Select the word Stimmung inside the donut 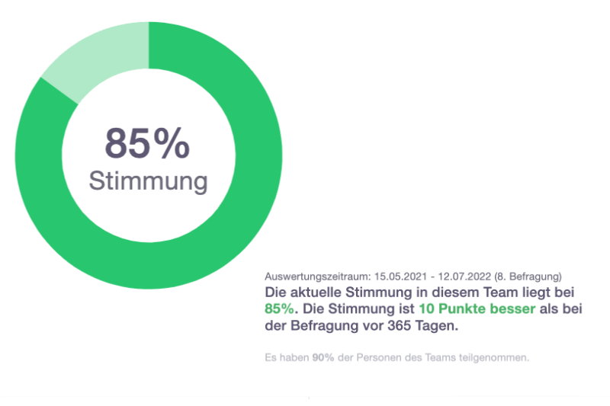click(148, 181)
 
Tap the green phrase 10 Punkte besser click(477, 309)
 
